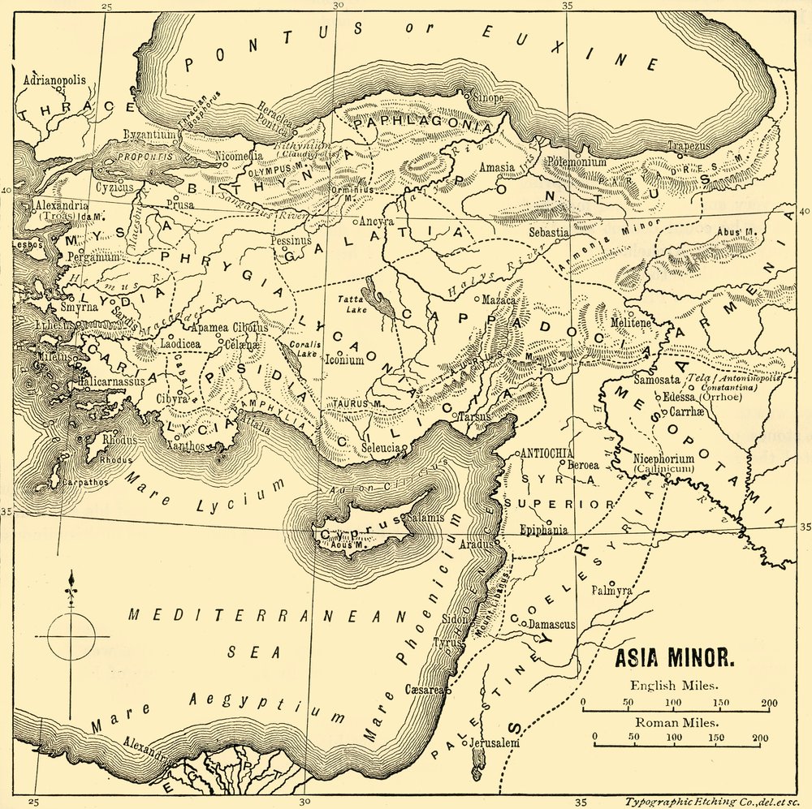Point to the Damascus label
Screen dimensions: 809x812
coord(551,625)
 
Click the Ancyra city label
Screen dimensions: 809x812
coord(378,222)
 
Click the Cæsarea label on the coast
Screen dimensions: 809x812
coord(422,690)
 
